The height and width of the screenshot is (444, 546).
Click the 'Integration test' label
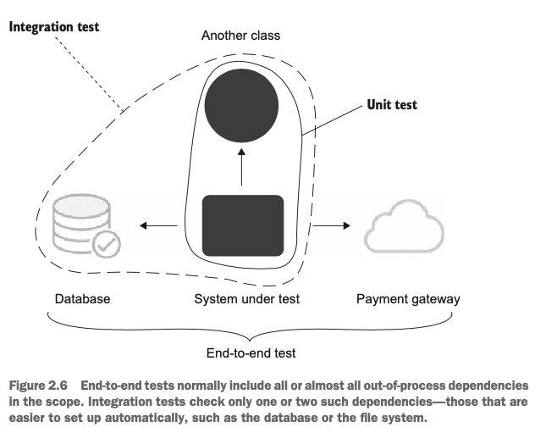[x=54, y=27]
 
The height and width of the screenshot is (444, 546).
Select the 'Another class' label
[x=240, y=36]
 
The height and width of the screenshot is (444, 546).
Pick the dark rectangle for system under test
[x=242, y=225]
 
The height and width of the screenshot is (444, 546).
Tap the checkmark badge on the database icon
[x=106, y=245]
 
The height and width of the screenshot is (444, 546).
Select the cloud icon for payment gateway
[x=405, y=225]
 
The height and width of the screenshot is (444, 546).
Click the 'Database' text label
[x=82, y=299]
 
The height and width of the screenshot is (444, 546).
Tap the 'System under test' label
[x=246, y=299]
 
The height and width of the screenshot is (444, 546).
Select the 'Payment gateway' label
[x=408, y=299]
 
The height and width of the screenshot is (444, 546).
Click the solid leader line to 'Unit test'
[x=330, y=120]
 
